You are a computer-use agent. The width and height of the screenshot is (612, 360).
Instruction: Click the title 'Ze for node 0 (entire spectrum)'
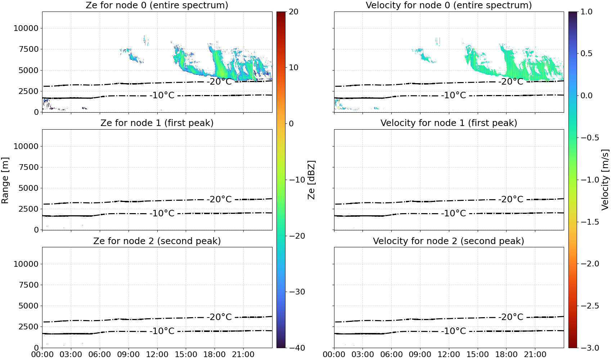(x=157, y=5)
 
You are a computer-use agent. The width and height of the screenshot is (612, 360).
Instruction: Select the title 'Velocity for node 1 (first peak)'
(x=449, y=123)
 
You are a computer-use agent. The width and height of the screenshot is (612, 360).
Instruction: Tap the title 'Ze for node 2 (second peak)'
(x=157, y=241)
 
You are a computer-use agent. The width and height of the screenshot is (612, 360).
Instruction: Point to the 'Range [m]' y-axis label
(x=5, y=180)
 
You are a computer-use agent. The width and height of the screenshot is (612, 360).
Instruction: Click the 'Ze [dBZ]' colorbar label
(x=311, y=180)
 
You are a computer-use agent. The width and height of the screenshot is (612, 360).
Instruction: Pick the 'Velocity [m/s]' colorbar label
(x=606, y=180)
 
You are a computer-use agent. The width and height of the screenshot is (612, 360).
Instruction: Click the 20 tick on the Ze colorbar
(x=294, y=12)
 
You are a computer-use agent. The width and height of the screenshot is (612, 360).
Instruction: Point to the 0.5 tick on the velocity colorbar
(x=586, y=54)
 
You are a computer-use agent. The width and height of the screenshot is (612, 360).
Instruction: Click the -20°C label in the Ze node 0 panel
(x=219, y=82)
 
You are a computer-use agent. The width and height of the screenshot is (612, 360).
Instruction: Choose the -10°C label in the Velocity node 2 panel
(x=454, y=331)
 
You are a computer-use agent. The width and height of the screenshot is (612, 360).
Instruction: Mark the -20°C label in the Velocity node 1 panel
(x=511, y=199)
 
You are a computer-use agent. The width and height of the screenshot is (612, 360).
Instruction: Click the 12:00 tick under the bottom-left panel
(x=157, y=355)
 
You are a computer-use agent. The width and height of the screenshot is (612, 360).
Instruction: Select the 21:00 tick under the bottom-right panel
(x=535, y=355)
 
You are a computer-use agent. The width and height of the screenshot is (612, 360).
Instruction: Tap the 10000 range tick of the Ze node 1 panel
(x=26, y=146)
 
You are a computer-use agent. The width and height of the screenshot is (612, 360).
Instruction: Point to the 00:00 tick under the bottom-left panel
(x=42, y=355)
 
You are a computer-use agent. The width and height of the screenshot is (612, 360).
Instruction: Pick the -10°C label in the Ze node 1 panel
(x=162, y=213)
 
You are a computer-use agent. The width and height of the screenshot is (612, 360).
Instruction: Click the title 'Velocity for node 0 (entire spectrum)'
(x=449, y=5)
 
